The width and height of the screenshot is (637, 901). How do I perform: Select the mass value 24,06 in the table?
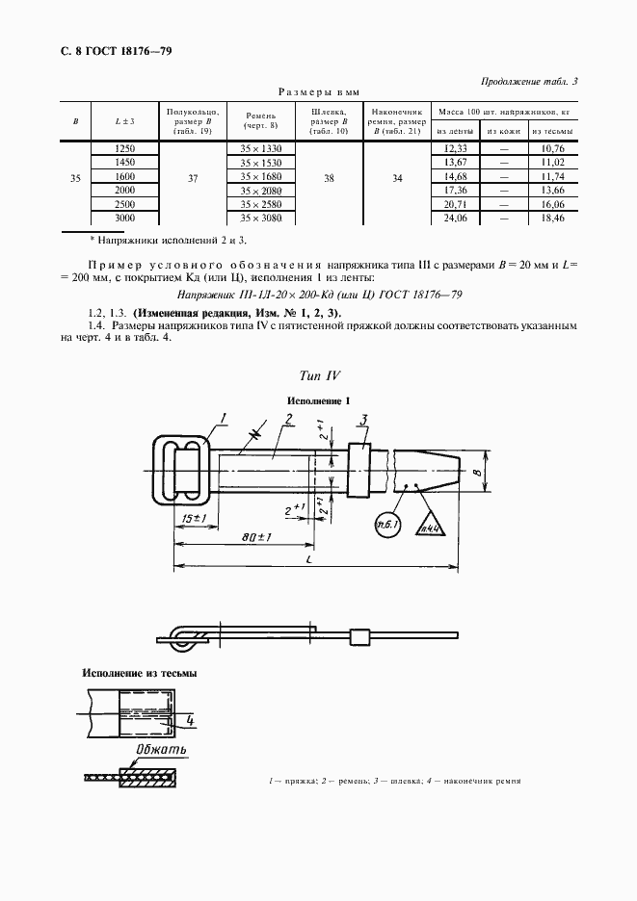click(x=455, y=220)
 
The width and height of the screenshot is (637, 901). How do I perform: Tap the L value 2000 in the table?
click(x=124, y=192)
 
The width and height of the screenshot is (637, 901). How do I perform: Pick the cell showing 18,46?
click(x=552, y=220)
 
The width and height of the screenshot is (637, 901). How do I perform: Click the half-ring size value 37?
click(x=193, y=178)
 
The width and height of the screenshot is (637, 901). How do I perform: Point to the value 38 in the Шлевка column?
click(x=331, y=178)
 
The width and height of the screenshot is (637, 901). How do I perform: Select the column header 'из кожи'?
click(x=503, y=131)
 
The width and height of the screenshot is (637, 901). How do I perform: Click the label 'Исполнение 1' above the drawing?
click(x=317, y=399)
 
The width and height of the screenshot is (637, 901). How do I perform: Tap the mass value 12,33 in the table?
click(x=455, y=148)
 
